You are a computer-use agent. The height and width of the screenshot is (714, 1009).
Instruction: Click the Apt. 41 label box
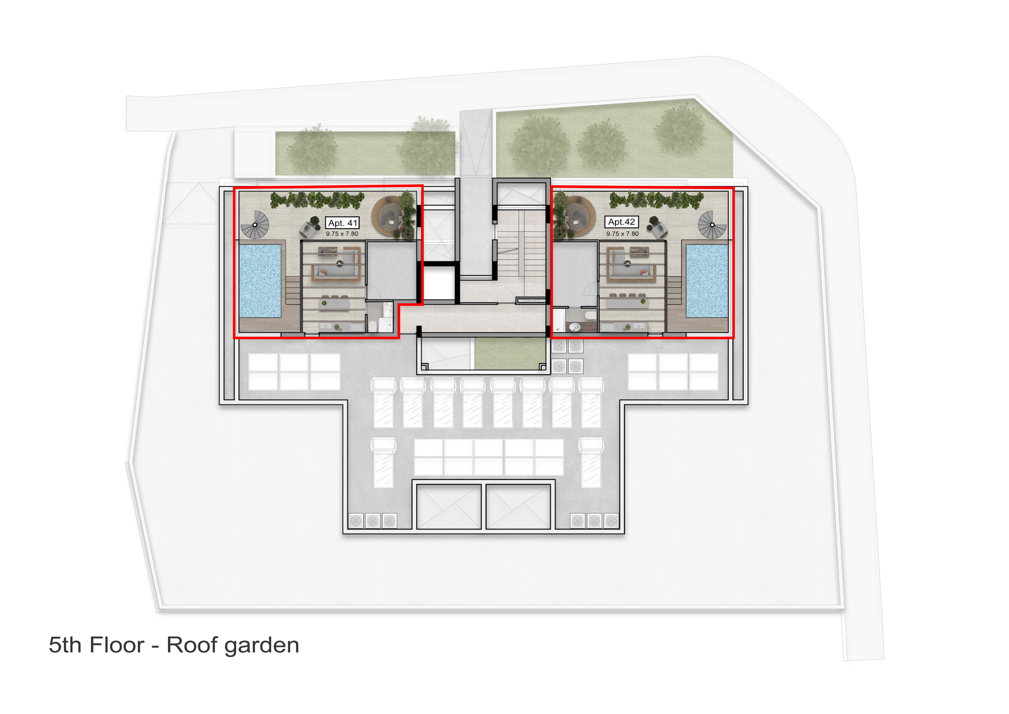pos(342,223)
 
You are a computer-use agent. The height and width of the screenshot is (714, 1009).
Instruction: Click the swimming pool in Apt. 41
pos(260,281)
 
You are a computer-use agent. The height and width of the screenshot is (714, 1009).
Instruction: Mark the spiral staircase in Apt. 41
pos(255,225)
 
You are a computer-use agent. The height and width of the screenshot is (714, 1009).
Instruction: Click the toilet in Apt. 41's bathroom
pos(373,326)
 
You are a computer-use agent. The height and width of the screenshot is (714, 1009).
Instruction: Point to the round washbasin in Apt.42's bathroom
pos(574,327)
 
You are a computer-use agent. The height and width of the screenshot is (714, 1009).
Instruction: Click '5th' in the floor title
pos(65,645)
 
